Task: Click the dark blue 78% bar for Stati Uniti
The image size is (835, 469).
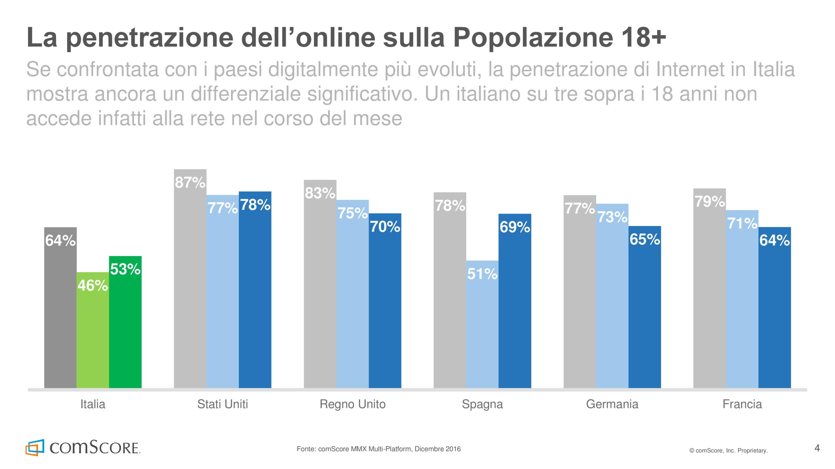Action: click(255, 293)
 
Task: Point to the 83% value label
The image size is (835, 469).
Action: click(320, 193)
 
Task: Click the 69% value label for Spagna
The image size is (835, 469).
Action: click(515, 227)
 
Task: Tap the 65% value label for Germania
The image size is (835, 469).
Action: click(645, 239)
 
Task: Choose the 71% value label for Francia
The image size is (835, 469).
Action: click(742, 223)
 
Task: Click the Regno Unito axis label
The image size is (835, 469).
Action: click(353, 404)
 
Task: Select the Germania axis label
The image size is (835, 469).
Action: click(612, 404)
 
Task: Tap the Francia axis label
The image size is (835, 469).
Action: click(742, 404)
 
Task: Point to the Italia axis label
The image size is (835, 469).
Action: click(93, 404)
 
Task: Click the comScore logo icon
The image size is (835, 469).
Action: click(35, 448)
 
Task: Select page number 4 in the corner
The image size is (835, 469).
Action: click(817, 448)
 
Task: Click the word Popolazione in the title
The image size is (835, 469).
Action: click(533, 37)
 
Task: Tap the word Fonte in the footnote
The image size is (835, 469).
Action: click(306, 449)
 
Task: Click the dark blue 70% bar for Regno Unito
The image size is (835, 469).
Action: click(385, 306)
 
